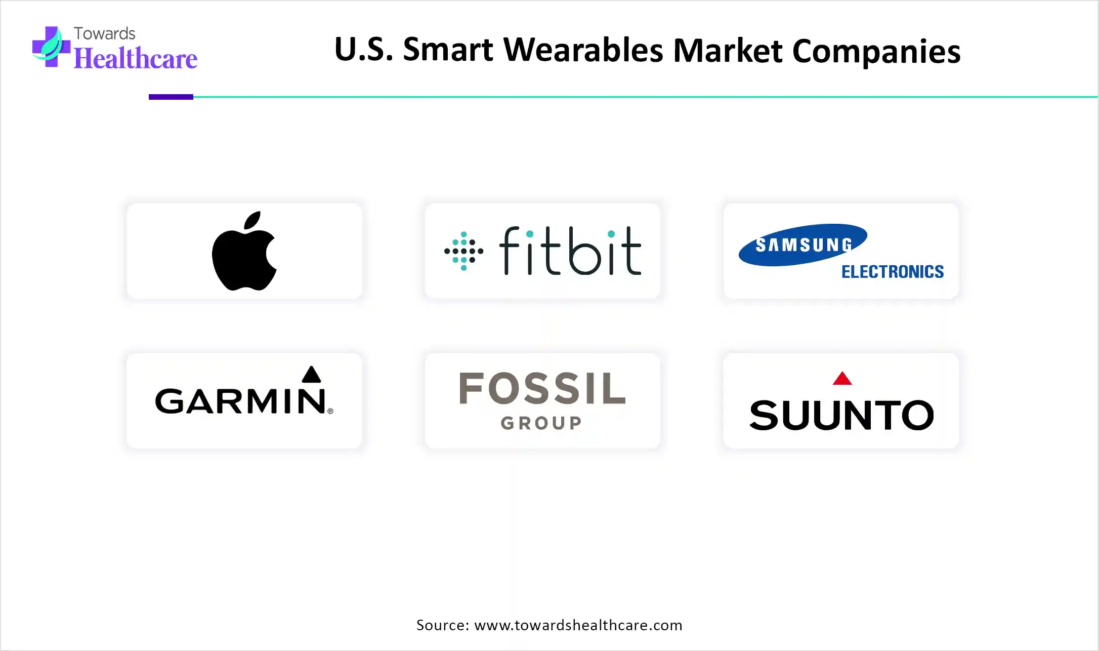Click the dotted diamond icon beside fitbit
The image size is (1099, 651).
463,251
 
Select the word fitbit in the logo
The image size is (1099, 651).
570,251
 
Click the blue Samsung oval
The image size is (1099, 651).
803,245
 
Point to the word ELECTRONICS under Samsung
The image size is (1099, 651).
893,272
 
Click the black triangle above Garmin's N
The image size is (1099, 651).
311,374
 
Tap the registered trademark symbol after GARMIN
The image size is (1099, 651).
330,411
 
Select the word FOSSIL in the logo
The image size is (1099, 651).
542,388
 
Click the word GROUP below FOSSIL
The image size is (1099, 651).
541,423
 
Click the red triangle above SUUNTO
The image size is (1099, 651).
842,378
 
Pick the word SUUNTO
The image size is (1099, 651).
841,415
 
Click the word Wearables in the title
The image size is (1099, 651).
583,50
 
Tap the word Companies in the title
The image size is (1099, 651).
876,52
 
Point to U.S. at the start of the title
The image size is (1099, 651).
364,50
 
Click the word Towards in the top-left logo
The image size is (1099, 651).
105,33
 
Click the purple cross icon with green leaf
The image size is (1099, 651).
51,47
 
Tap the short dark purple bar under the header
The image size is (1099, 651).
171,97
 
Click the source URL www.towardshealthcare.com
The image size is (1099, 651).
578,625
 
